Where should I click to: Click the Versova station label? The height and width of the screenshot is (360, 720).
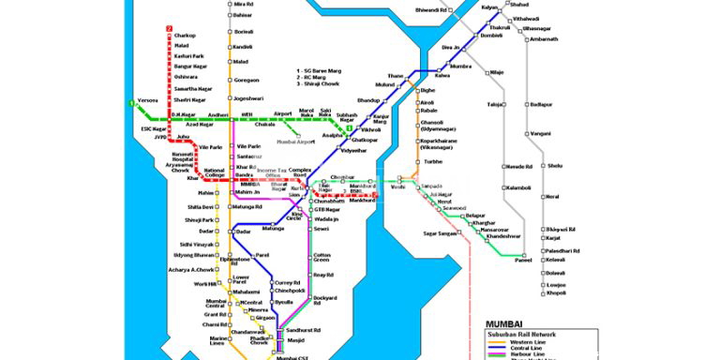point(149,99)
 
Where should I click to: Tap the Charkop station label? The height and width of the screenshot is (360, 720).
point(186,36)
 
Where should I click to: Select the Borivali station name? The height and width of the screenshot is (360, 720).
point(243,31)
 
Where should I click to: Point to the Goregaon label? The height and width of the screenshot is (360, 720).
point(246,80)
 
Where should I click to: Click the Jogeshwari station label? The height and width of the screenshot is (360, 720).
point(248,97)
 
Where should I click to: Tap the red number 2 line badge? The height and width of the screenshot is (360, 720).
point(170,28)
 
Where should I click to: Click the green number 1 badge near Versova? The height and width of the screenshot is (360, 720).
point(130,101)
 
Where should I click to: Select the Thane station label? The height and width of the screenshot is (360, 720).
point(395,75)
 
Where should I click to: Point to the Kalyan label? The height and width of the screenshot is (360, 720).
point(488,7)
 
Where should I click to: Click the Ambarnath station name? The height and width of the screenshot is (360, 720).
point(543,39)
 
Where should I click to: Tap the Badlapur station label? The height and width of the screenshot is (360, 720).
point(541,105)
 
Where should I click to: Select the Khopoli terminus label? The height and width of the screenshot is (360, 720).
point(556,293)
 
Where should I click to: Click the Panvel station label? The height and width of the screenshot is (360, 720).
point(523,262)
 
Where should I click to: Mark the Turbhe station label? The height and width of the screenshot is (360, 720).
point(432,161)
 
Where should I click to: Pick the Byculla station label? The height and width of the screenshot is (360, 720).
point(283,303)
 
